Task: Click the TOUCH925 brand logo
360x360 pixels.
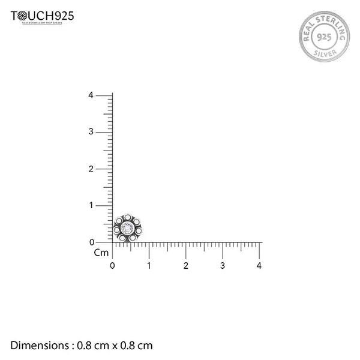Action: click(43, 17)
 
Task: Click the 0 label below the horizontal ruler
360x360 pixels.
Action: click(113, 265)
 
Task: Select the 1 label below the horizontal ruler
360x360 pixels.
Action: click(149, 265)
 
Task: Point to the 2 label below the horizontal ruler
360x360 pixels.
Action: click(186, 265)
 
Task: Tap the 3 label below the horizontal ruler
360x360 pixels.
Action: click(223, 265)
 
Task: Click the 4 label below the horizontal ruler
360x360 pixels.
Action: click(259, 265)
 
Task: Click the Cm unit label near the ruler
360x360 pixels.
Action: click(101, 253)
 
